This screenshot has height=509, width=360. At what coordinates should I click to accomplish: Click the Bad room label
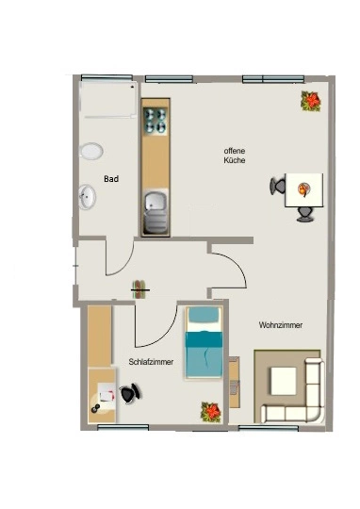click(x=111, y=179)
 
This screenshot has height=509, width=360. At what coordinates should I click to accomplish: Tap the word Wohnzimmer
click(x=281, y=325)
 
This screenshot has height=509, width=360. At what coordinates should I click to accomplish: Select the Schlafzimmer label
click(x=151, y=362)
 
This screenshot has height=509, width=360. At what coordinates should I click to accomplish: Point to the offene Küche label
click(x=235, y=156)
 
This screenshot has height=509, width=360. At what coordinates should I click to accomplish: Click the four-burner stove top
click(x=155, y=121)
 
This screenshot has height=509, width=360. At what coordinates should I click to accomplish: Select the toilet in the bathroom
click(x=91, y=151)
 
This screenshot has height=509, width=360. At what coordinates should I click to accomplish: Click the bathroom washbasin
click(x=88, y=197)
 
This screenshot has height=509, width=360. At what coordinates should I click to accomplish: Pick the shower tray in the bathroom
click(x=107, y=99)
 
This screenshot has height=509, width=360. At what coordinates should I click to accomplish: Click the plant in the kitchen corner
click(x=311, y=101)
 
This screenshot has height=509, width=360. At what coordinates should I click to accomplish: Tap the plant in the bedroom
click(x=211, y=412)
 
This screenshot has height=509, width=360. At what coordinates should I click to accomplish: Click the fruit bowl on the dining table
click(x=303, y=189)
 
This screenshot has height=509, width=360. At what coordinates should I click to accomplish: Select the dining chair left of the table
click(x=277, y=186)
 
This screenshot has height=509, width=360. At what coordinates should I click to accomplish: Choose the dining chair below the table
click(x=305, y=214)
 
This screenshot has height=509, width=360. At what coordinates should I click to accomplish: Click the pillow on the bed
click(x=204, y=315)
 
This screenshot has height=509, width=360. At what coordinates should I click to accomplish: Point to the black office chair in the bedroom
click(x=130, y=393)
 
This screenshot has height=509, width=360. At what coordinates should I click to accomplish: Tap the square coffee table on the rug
click(x=284, y=381)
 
